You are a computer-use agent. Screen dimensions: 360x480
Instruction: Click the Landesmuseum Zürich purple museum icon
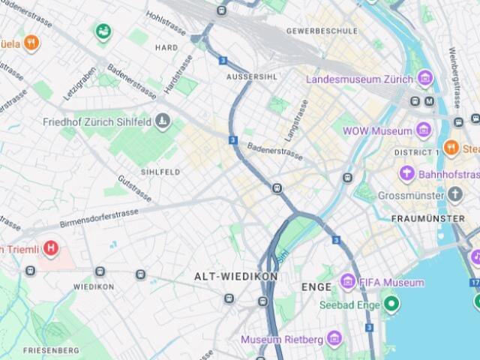(425, 79)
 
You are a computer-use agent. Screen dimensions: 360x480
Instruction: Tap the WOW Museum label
(377, 131)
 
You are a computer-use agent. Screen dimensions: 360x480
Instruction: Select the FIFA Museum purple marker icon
(347, 282)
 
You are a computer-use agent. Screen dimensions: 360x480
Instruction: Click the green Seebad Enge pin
(390, 304)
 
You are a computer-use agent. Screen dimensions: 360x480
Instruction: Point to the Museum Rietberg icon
(334, 339)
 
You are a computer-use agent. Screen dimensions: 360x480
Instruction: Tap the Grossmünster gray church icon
(456, 196)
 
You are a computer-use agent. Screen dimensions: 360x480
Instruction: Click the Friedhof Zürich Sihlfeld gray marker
(163, 121)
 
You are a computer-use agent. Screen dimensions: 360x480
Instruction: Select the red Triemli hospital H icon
(50, 247)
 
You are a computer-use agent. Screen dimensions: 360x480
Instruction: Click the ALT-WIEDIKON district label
(235, 276)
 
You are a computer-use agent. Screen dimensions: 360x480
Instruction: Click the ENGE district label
(316, 286)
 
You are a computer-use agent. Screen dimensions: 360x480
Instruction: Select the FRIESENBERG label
(51, 350)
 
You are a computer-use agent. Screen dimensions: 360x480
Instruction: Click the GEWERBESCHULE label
(322, 31)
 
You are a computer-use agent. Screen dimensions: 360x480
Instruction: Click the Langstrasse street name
(296, 120)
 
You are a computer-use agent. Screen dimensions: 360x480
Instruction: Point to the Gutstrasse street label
(135, 188)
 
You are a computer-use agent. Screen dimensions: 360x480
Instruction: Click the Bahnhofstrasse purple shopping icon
(407, 175)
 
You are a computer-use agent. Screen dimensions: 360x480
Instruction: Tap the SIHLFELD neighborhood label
(160, 172)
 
